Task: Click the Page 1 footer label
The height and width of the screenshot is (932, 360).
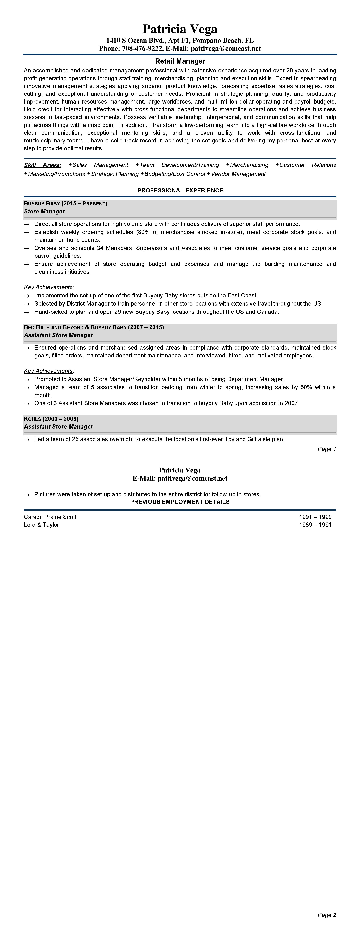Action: click(x=327, y=449)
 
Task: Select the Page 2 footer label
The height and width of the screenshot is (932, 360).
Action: click(x=327, y=915)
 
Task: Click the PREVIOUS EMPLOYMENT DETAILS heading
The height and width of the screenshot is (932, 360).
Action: click(x=180, y=502)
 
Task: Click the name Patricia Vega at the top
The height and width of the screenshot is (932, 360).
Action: click(x=180, y=29)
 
